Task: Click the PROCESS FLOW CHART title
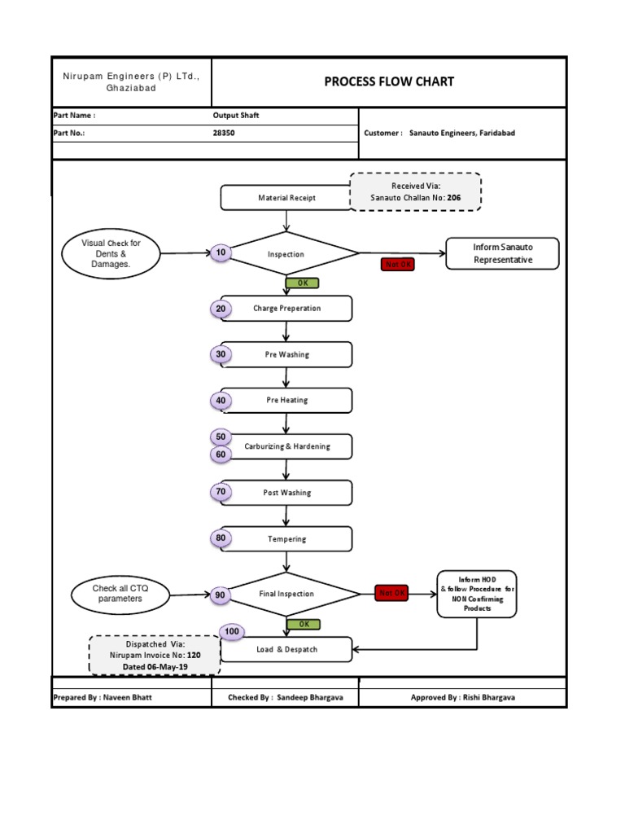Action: (389, 81)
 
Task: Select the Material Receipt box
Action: (286, 198)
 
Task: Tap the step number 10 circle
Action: (221, 253)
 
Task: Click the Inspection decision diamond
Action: (286, 254)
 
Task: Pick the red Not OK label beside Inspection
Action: (397, 265)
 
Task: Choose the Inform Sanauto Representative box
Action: (502, 253)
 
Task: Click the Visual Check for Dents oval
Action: (110, 253)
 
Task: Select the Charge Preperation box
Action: (286, 309)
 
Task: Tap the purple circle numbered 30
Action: (221, 354)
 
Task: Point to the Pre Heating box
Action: (286, 401)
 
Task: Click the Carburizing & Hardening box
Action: (286, 446)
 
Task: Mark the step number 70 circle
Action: (221, 492)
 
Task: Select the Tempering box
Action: (286, 539)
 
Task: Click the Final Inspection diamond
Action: (286, 595)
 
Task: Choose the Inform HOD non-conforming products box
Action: (477, 594)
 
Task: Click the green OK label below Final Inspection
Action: (303, 624)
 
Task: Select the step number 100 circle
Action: (232, 632)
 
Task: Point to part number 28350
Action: (224, 133)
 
